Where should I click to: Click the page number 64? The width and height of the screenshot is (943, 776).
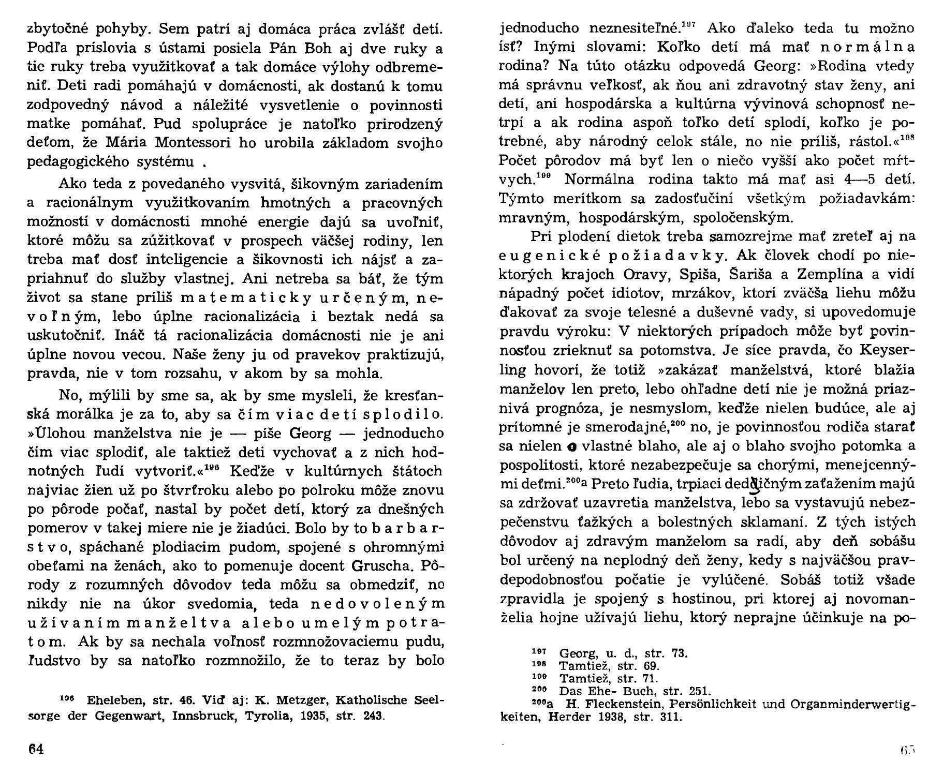(35, 749)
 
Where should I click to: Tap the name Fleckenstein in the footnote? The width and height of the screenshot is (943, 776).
(615, 704)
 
